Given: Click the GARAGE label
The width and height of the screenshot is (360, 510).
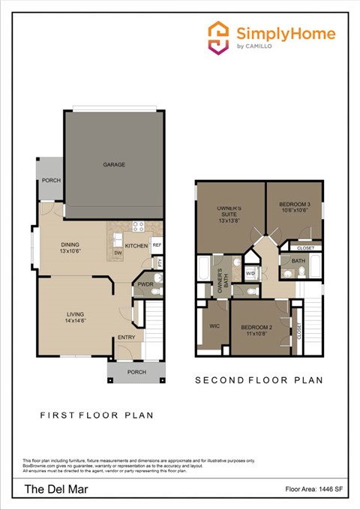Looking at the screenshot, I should (x=114, y=164).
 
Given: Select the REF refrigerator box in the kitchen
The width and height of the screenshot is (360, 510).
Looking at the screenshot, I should (x=157, y=245).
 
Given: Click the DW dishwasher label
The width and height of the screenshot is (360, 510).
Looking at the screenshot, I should (x=118, y=253).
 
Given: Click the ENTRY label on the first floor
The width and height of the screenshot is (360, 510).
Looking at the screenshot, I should (x=127, y=338).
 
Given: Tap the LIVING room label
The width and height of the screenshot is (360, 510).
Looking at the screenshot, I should (x=75, y=314).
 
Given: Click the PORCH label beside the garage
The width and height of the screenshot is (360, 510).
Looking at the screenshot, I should (x=51, y=180).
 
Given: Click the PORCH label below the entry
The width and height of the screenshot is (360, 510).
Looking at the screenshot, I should (x=136, y=372).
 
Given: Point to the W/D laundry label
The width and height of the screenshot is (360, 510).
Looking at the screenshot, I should (x=250, y=273).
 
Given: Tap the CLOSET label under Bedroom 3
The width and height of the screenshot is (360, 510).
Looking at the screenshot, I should (x=305, y=247).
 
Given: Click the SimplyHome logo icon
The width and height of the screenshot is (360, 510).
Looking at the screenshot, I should (x=218, y=37).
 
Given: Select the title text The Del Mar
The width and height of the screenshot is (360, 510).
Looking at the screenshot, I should (x=47, y=489).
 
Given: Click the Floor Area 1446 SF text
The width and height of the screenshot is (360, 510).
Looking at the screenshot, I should (x=314, y=489).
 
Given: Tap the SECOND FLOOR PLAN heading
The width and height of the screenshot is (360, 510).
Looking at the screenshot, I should (x=259, y=380).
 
